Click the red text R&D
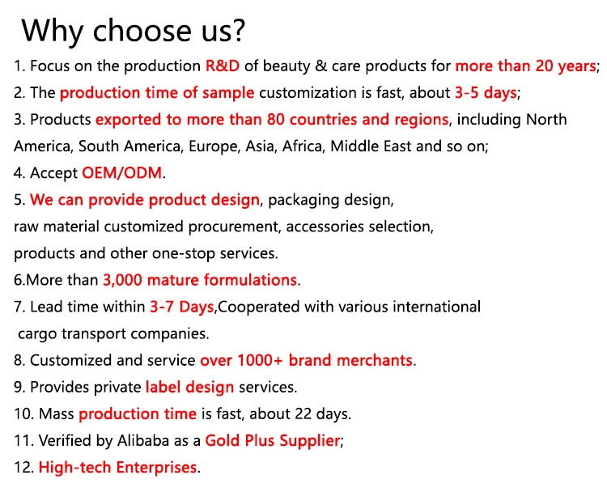click(x=223, y=66)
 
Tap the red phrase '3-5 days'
click(x=486, y=93)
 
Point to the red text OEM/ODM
click(x=122, y=172)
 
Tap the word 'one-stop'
click(x=184, y=253)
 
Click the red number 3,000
click(x=123, y=280)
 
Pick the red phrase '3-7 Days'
click(x=182, y=307)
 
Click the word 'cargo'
click(x=37, y=334)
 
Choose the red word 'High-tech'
click(x=75, y=468)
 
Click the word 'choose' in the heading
click(x=142, y=30)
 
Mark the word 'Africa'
click(x=303, y=146)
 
